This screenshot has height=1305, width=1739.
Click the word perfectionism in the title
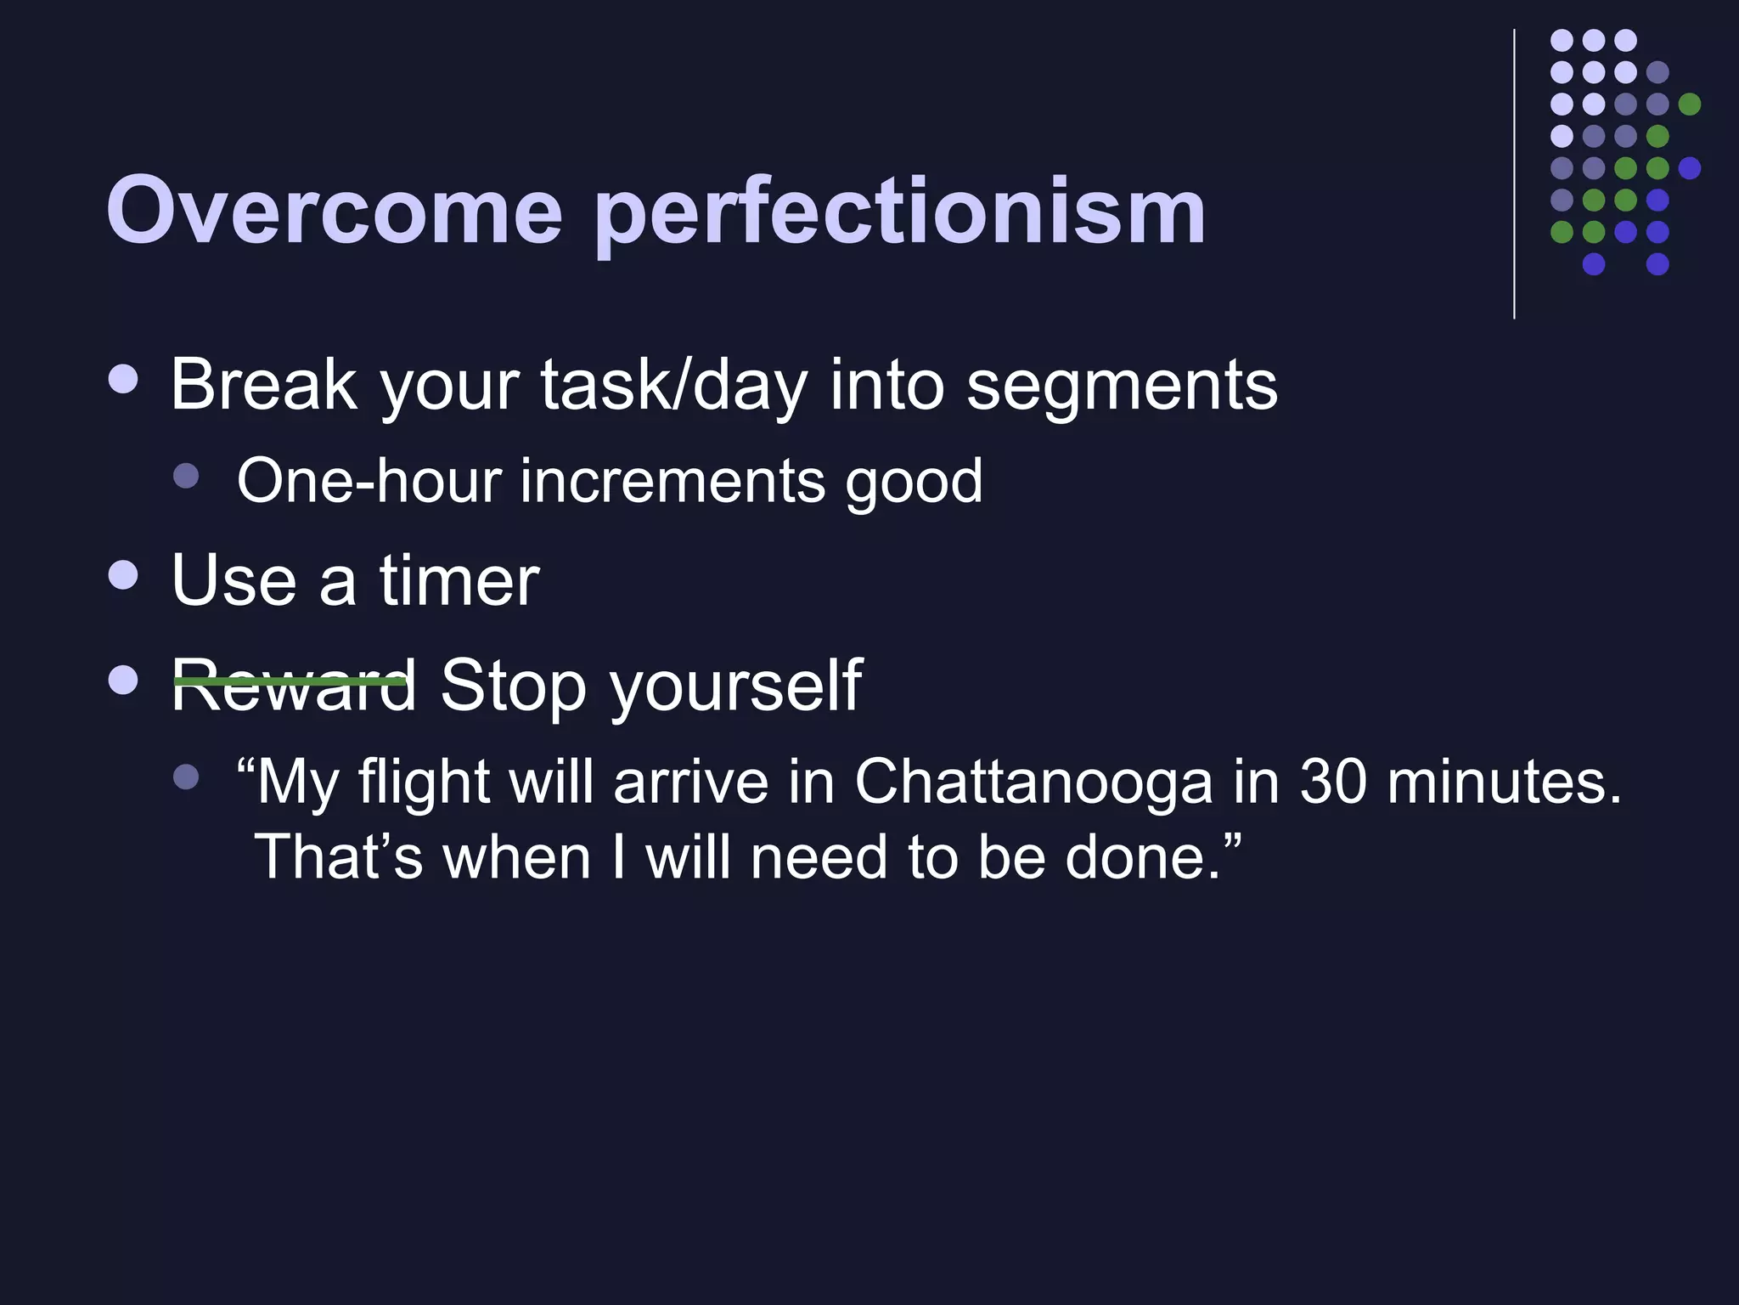(899, 212)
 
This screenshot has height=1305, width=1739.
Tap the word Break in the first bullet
(263, 385)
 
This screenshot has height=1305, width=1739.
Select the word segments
(1122, 387)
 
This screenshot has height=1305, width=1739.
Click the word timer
(459, 580)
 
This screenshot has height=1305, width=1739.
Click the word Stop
(513, 686)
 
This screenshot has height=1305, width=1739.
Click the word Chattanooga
(1033, 782)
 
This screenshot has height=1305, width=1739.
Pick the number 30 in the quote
(1332, 782)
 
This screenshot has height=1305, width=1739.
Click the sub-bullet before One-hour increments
(186, 475)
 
